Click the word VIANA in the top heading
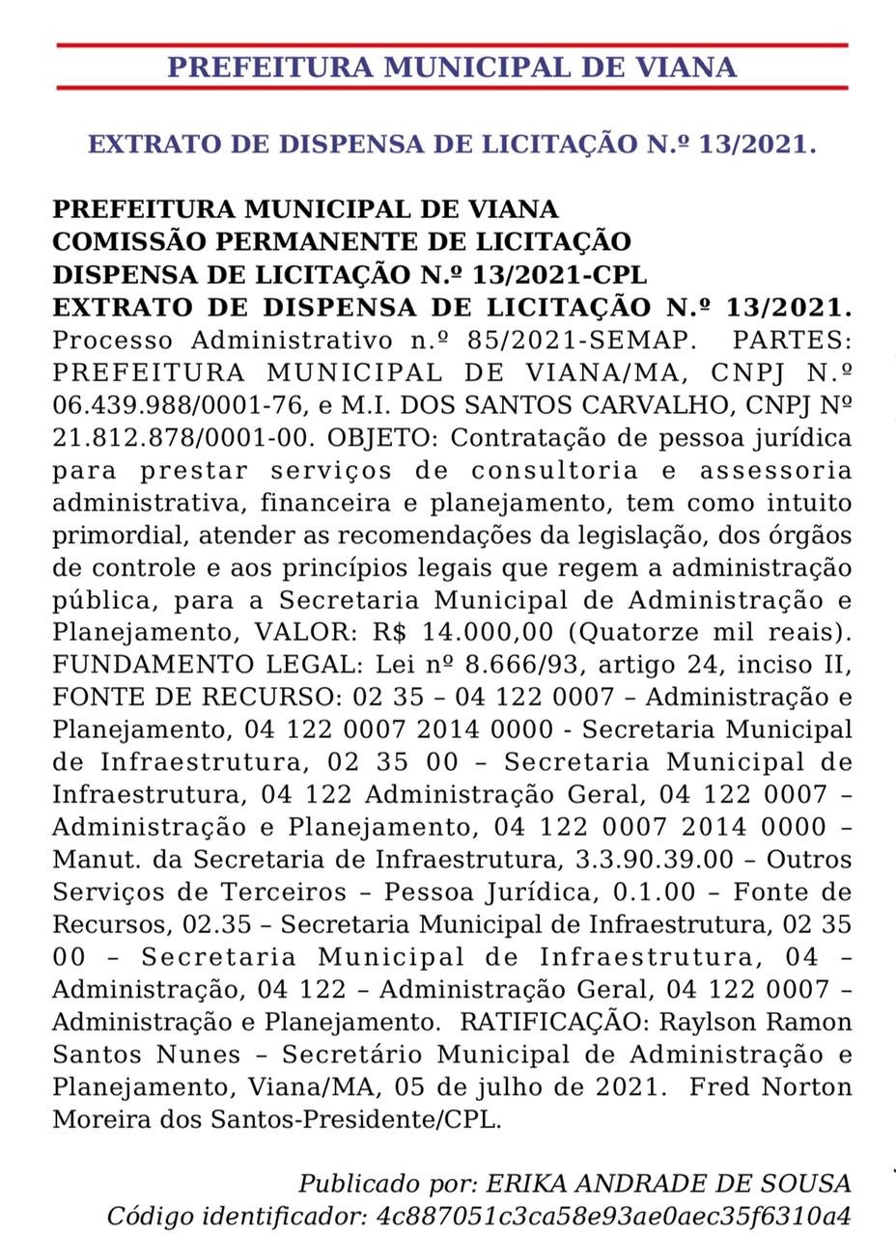tap(676, 68)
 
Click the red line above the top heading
tap(452, 44)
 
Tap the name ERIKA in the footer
tap(522, 1184)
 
